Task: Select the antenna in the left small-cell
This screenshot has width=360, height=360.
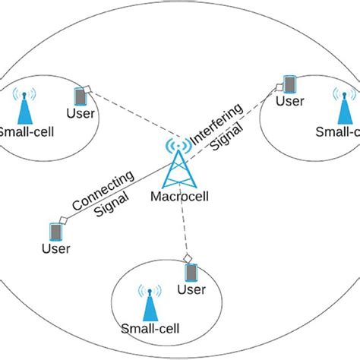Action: (x=25, y=108)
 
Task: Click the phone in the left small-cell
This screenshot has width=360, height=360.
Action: (x=79, y=97)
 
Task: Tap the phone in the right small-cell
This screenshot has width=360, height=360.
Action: (x=289, y=83)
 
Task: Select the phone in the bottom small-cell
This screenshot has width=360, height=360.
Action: (x=191, y=272)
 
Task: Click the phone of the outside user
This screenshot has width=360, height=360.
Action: (x=55, y=230)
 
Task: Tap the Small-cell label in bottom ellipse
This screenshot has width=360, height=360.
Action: (x=150, y=330)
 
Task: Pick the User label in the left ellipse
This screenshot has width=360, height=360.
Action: (x=80, y=115)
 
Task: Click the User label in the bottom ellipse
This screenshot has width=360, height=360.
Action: (x=191, y=290)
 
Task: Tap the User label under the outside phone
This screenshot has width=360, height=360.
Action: (x=55, y=248)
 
